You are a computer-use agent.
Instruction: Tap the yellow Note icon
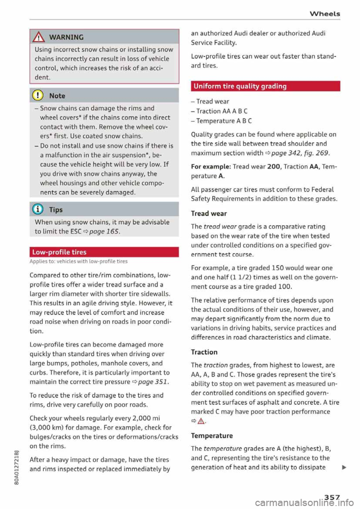pos(39,96)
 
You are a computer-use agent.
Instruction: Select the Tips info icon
pos(39,210)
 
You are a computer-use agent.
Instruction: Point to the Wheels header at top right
pos(325,14)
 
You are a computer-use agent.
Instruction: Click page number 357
pos(332,497)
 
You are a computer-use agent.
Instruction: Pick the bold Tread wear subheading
pos(209,214)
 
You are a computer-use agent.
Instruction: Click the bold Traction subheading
pos(204,352)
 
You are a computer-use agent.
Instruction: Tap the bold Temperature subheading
pos(212,436)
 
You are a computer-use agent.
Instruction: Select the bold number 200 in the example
pos(273,167)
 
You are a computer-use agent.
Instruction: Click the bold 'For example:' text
pos(211,167)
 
